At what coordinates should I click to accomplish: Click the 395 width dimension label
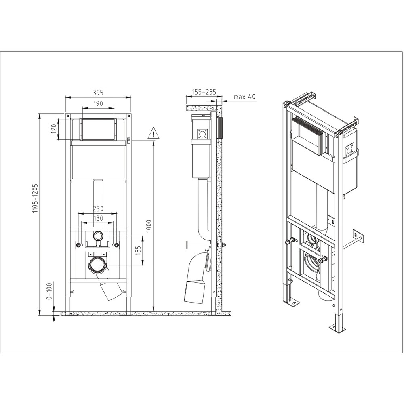[98, 92]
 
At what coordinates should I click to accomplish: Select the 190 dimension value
[98, 103]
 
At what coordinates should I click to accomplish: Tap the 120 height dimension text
[54, 129]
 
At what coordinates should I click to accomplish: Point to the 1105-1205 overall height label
[35, 198]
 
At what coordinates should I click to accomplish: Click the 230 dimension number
[98, 209]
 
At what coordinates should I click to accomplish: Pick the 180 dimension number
[98, 218]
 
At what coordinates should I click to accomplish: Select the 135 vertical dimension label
[138, 251]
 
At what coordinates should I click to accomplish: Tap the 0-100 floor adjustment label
[49, 291]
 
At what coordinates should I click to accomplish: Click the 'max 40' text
[244, 97]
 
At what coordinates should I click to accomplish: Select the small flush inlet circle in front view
[98, 236]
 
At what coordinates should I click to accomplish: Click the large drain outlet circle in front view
[98, 265]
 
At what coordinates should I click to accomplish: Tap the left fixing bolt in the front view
[78, 245]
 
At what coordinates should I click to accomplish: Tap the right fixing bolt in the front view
[117, 245]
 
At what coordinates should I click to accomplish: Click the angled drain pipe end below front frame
[111, 291]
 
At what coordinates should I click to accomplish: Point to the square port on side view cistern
[202, 134]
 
